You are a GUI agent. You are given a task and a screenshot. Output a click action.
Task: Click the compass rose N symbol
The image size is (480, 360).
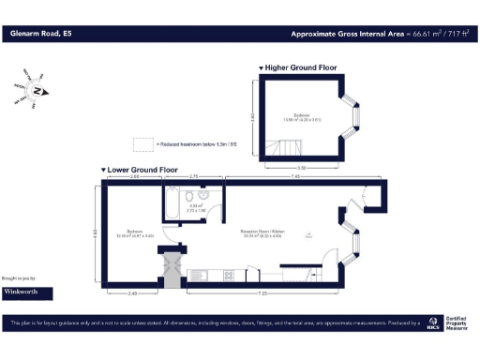click(37, 91)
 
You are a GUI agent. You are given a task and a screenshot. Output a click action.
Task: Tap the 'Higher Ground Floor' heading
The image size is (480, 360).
click(300, 68)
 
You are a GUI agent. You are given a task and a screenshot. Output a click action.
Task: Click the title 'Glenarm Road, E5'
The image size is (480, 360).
click(41, 34)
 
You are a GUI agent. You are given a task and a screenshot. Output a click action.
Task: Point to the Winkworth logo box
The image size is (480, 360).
click(27, 292)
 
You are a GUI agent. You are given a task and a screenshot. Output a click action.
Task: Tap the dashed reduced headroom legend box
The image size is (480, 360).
click(143, 144)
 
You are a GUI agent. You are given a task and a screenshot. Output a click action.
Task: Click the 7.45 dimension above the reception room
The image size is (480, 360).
click(295, 176)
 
